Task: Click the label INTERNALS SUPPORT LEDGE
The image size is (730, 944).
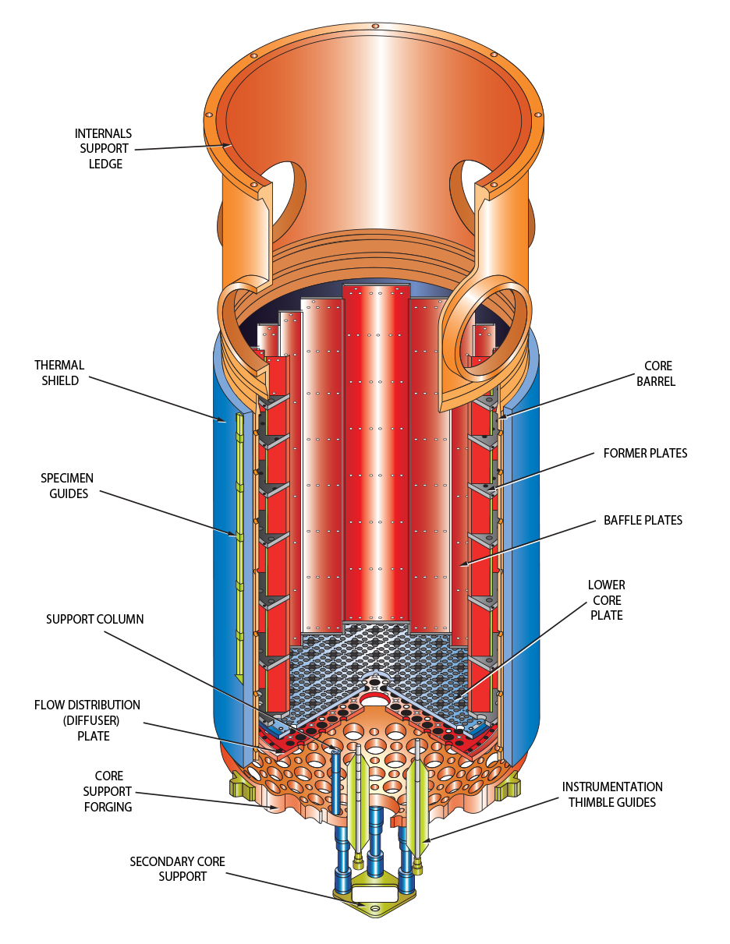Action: [x=103, y=149]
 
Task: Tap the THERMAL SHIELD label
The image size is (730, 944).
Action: [x=58, y=373]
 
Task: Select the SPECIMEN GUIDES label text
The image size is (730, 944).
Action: [x=68, y=485]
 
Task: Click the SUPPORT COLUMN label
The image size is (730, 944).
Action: [x=94, y=619]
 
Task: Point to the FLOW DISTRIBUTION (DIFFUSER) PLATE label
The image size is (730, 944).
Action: [x=87, y=720]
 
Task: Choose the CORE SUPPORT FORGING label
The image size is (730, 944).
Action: [x=108, y=791]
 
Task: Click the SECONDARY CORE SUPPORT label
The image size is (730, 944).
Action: [x=177, y=868]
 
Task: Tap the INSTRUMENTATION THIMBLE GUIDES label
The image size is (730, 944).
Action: [x=612, y=794]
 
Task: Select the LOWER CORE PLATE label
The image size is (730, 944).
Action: [x=607, y=600]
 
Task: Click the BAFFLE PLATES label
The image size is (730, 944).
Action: [x=643, y=520]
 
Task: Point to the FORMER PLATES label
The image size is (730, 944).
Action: [x=645, y=453]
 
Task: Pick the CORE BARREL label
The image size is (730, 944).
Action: [x=657, y=373]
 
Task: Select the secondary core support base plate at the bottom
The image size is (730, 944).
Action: [x=374, y=896]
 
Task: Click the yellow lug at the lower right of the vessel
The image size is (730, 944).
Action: [x=506, y=787]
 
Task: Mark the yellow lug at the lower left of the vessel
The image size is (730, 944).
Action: [x=242, y=784]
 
